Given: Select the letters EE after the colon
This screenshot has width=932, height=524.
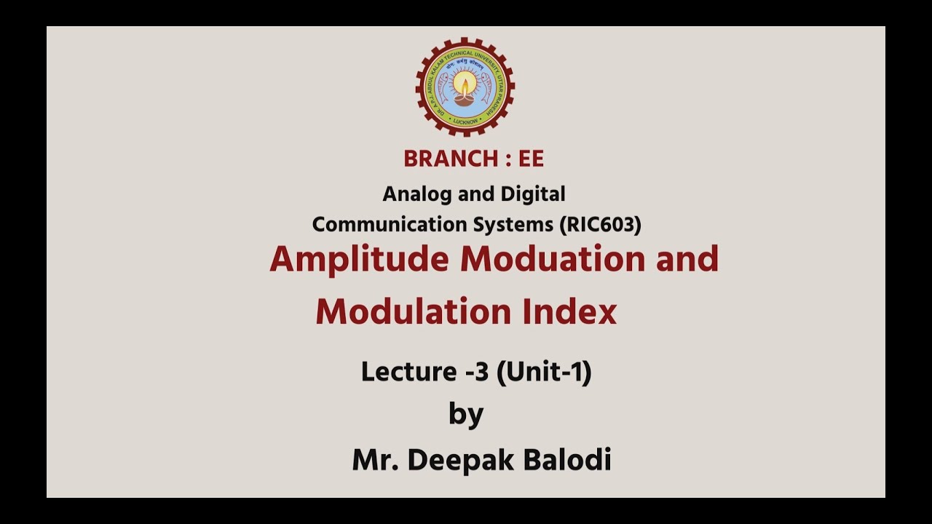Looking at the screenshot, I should (x=532, y=159).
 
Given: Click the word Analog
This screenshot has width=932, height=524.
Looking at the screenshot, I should (x=412, y=194).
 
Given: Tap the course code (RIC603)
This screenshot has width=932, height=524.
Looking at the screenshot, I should (x=601, y=225).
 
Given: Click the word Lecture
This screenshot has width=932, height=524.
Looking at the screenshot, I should (x=408, y=372).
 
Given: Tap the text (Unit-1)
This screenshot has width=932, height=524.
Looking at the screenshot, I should (x=544, y=372).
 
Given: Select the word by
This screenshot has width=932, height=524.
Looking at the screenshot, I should (x=466, y=415).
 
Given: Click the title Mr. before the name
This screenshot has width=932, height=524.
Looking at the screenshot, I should (x=375, y=460).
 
